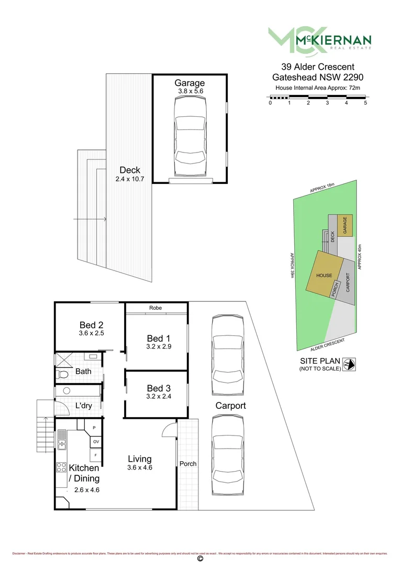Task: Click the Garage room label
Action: (190, 83)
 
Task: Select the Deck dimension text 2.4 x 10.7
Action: (129, 179)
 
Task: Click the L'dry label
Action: (84, 406)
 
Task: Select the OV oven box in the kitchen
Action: (96, 442)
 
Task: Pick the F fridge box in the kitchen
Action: (96, 455)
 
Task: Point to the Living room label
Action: (139, 459)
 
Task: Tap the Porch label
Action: (188, 464)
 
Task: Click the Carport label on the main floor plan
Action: (230, 406)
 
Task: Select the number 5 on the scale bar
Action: (365, 103)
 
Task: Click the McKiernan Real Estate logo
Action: (319, 40)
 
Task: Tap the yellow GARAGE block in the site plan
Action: (346, 225)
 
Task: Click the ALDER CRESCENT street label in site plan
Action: (328, 344)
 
